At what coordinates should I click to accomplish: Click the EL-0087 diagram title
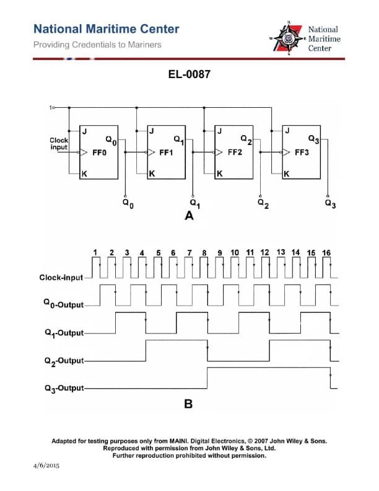click(x=189, y=74)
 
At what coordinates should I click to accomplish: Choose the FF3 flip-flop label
click(x=303, y=151)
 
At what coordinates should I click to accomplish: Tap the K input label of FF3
click(x=286, y=174)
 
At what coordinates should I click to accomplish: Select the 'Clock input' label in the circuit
click(x=59, y=144)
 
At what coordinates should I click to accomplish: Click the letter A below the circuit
click(x=189, y=217)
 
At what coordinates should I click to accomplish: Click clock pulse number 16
click(x=326, y=253)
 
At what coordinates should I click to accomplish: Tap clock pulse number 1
click(x=95, y=252)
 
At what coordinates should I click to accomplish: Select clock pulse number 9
click(x=220, y=253)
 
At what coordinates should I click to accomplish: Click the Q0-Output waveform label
click(x=62, y=304)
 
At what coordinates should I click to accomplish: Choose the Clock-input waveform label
click(x=61, y=277)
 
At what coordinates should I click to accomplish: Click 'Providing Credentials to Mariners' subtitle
click(x=97, y=45)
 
